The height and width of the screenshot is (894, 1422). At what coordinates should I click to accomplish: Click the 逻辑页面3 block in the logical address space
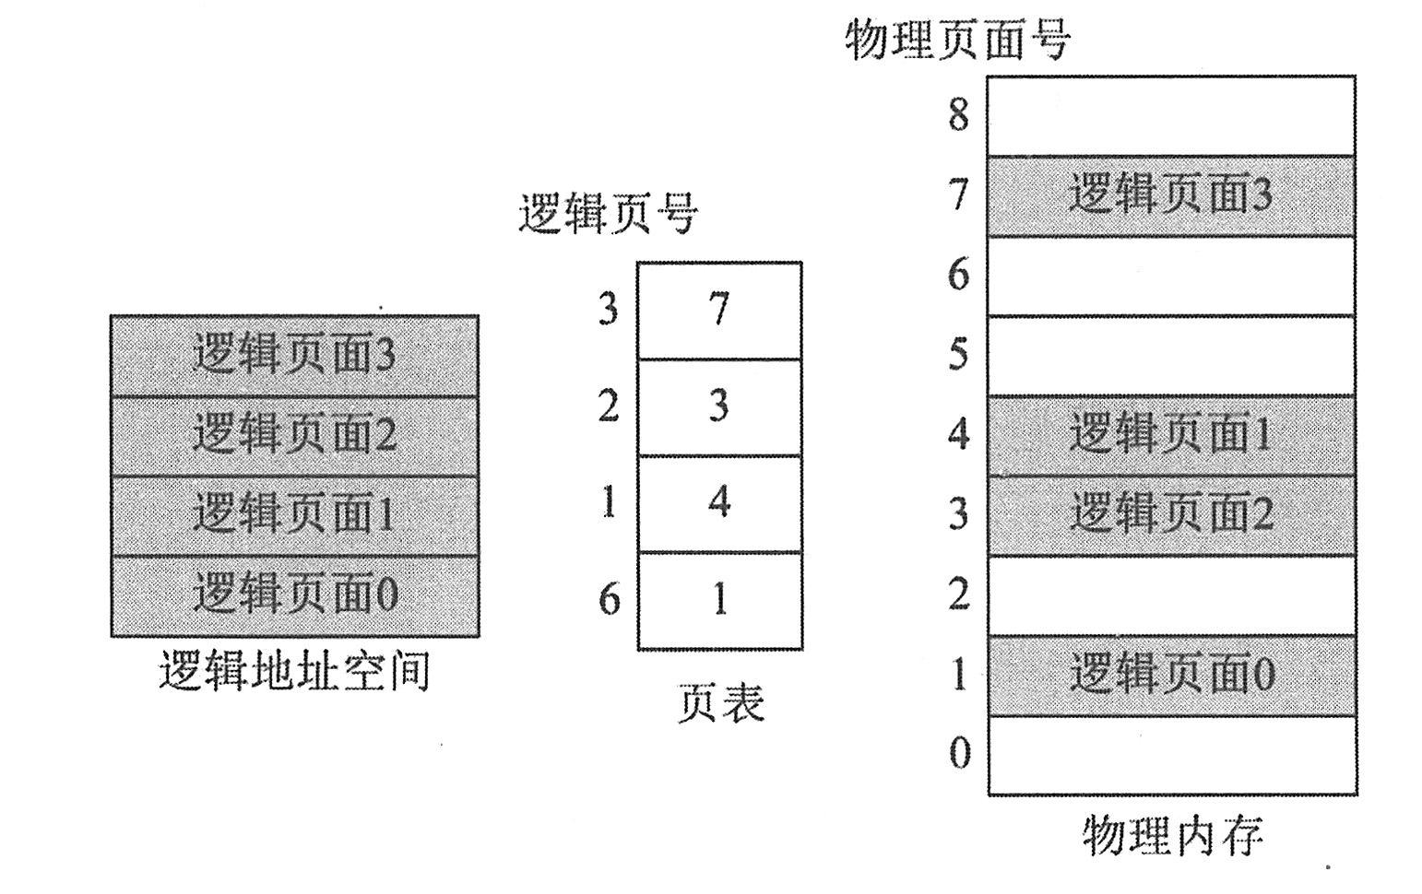pos(294,356)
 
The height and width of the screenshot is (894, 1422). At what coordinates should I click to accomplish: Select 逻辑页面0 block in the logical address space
pos(294,595)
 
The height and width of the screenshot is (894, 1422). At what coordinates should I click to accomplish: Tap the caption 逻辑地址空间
pos(294,672)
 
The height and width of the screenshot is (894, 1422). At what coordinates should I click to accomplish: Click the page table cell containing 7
pos(719,311)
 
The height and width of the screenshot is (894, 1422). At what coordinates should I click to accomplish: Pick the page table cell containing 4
pos(719,503)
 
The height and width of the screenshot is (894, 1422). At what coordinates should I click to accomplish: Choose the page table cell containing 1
pos(719,601)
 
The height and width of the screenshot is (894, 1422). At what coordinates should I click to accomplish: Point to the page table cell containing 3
pos(719,406)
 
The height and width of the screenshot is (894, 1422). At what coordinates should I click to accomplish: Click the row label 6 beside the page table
pos(609,600)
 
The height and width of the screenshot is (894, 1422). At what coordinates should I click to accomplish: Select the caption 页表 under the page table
pos(721,704)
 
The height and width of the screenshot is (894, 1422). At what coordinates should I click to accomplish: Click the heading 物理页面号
pos(957,41)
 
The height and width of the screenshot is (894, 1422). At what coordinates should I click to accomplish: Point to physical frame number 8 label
pos(959,115)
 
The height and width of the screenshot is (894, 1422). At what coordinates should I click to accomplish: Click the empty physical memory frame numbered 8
pos(1171,115)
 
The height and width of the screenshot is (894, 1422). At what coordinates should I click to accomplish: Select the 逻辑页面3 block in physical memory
pos(1171,195)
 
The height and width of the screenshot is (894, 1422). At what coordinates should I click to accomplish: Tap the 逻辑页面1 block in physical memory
pos(1171,435)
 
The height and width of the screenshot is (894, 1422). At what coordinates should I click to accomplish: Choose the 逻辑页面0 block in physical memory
pos(1171,675)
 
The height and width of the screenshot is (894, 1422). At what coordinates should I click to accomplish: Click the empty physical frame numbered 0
pos(1171,755)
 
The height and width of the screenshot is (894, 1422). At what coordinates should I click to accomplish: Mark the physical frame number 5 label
pos(959,355)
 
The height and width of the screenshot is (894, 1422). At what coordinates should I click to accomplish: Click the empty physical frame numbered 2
pos(1171,594)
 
